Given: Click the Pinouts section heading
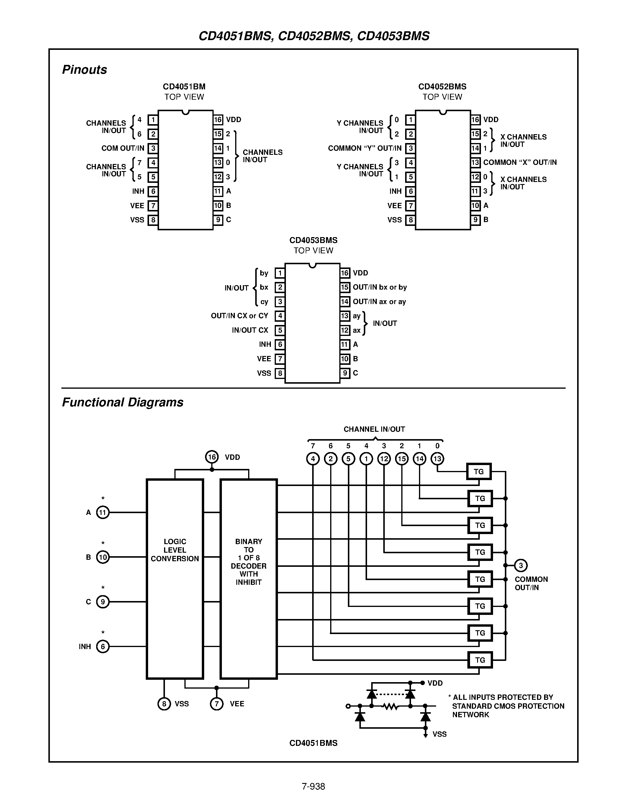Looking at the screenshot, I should pyautogui.click(x=84, y=69).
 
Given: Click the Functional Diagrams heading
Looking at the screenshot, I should pyautogui.click(x=122, y=402).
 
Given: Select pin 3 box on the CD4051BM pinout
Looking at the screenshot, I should pyautogui.click(x=153, y=149).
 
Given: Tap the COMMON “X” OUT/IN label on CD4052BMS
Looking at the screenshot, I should pyautogui.click(x=520, y=162).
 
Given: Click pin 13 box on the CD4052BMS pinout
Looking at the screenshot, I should pyautogui.click(x=475, y=162).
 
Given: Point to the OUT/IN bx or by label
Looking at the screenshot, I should pyautogui.click(x=380, y=287).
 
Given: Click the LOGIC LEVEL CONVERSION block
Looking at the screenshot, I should pyautogui.click(x=175, y=579).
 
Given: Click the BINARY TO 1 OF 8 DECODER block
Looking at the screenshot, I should pyautogui.click(x=248, y=579).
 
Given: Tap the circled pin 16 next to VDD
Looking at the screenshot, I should pyautogui.click(x=212, y=457).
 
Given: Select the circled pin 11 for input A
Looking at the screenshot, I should pyautogui.click(x=103, y=513).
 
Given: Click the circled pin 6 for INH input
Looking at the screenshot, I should pyautogui.click(x=103, y=646).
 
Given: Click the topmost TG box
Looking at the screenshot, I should pyautogui.click(x=479, y=472).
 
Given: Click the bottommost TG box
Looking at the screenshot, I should pyautogui.click(x=480, y=660).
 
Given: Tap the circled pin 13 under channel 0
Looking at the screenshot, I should pyautogui.click(x=437, y=459).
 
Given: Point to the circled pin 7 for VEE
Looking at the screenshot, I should pyautogui.click(x=217, y=704).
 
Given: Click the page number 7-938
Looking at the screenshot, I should pyautogui.click(x=313, y=786).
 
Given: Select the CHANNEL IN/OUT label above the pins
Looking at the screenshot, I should pyautogui.click(x=374, y=429).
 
